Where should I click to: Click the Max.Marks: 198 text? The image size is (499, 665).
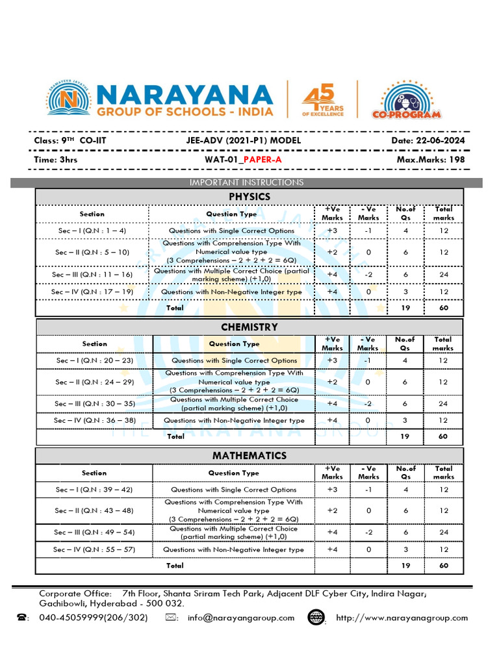430,159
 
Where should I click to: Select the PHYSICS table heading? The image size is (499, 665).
249,197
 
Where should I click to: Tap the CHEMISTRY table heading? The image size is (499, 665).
249,327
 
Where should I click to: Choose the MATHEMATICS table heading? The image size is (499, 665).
249,456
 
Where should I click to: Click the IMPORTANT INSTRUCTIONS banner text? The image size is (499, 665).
246,182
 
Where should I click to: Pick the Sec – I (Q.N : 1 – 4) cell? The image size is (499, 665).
92,231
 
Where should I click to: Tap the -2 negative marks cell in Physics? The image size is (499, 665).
368,275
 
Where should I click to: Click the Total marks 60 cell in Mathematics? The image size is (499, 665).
444,566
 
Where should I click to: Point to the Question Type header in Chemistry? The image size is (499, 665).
234,344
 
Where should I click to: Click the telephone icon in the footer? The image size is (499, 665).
22,618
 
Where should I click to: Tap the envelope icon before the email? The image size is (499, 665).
172,618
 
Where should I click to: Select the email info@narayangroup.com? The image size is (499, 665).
241,618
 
